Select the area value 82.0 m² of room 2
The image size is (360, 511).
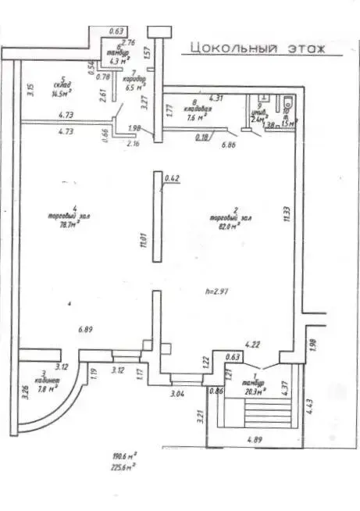(222, 226)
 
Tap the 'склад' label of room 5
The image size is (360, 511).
(62, 85)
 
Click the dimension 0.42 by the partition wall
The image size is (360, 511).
(173, 179)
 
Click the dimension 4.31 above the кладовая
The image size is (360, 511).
(216, 98)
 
